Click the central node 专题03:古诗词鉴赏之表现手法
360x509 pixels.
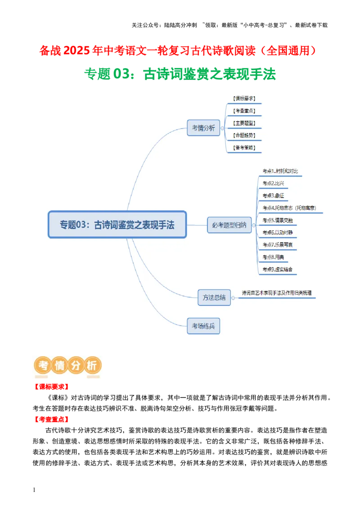pyautogui.click(x=117, y=224)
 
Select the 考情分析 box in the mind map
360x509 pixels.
pyautogui.click(x=203, y=128)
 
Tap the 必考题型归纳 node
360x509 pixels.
pyautogui.click(x=229, y=225)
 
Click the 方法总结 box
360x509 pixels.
pyautogui.click(x=214, y=297)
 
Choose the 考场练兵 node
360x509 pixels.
pyautogui.click(x=203, y=326)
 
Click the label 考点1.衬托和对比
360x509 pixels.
pyautogui.click(x=280, y=171)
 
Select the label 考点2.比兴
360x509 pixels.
pyautogui.click(x=274, y=183)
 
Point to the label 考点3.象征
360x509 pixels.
pyautogui.click(x=274, y=196)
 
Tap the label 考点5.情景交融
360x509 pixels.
pyautogui.click(x=278, y=220)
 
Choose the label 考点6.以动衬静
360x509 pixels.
pyautogui.click(x=278, y=232)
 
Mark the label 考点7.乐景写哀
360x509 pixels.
pyautogui.click(x=278, y=245)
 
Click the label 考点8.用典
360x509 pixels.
pyautogui.click(x=274, y=257)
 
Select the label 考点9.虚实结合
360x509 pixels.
pyautogui.click(x=278, y=269)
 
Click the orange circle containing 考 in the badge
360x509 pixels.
pyautogui.click(x=44, y=366)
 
